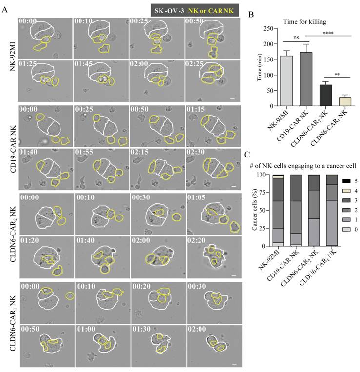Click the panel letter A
[5, 9]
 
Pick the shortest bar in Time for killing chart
[332, 101]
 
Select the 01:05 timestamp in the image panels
[197, 200]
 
